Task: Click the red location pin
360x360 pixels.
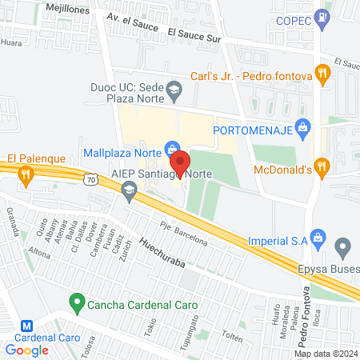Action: [x=180, y=163]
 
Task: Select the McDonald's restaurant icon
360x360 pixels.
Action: [x=322, y=167]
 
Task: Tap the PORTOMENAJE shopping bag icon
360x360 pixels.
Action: [x=302, y=126]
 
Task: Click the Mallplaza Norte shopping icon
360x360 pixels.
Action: [x=171, y=148]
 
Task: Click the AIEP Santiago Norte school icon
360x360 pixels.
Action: [x=129, y=190]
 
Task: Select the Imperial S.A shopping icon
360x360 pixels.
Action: [x=318, y=238]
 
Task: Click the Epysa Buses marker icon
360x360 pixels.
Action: [x=343, y=246]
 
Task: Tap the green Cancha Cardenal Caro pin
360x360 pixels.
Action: [x=77, y=303]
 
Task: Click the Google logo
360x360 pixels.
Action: [x=27, y=350]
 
